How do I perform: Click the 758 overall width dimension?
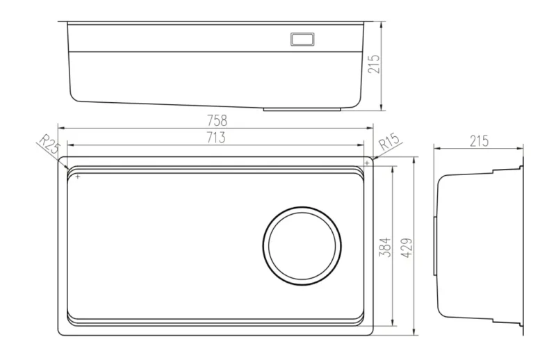(x=217, y=121)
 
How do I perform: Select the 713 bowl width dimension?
(x=215, y=138)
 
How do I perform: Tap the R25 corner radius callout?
(x=48, y=144)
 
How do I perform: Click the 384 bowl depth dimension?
(x=385, y=247)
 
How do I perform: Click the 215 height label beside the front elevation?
(x=374, y=64)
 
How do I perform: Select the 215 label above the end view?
(x=479, y=141)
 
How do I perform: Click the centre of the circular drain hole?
(x=302, y=246)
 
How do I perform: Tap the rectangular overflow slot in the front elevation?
(x=302, y=39)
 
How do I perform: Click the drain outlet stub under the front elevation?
(x=302, y=109)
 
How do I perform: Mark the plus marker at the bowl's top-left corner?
(x=78, y=177)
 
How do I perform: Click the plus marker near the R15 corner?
(x=368, y=163)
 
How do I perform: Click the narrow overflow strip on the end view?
(x=435, y=245)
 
